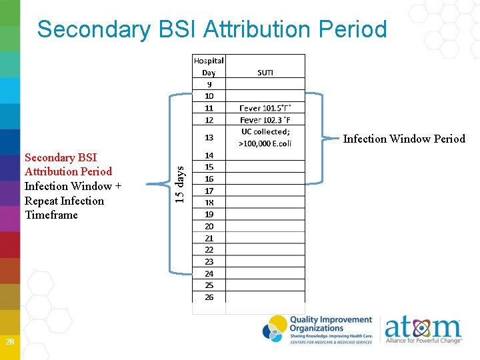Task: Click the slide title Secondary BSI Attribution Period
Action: coord(212,29)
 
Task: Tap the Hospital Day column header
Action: coord(209,66)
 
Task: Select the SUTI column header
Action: coord(265,72)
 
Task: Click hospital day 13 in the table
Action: coord(209,137)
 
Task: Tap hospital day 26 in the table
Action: coord(209,297)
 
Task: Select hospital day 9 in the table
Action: coord(209,84)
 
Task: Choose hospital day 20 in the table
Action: coord(209,226)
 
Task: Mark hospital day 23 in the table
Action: coord(209,261)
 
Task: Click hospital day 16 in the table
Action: coord(209,179)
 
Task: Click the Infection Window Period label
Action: coord(404,139)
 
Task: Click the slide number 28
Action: coord(10,342)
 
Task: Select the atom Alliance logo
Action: coord(423,330)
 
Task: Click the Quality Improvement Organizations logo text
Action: coord(330,325)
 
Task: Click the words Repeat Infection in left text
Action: coord(64,201)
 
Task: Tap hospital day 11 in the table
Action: coord(209,108)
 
